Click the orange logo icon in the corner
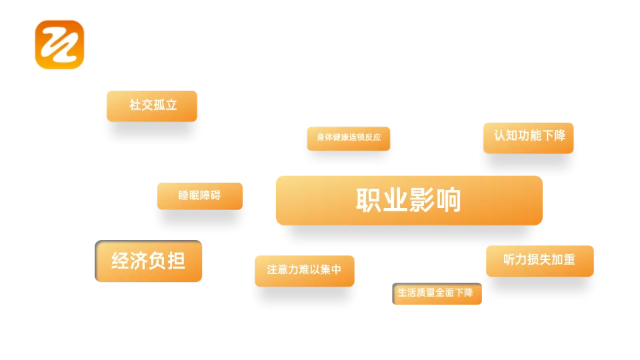click(60, 43)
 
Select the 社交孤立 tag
click(152, 106)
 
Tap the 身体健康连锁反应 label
click(349, 138)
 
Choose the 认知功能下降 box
click(529, 137)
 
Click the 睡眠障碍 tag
click(200, 196)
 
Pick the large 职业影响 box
click(409, 200)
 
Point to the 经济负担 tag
click(149, 261)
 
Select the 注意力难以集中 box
click(305, 271)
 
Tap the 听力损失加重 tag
click(539, 261)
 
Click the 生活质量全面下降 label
click(437, 293)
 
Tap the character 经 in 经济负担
click(121, 261)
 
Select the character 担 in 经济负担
click(176, 261)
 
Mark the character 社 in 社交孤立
click(135, 105)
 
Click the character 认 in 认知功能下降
click(500, 135)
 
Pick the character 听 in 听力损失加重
click(510, 260)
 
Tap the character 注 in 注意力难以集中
click(272, 270)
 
